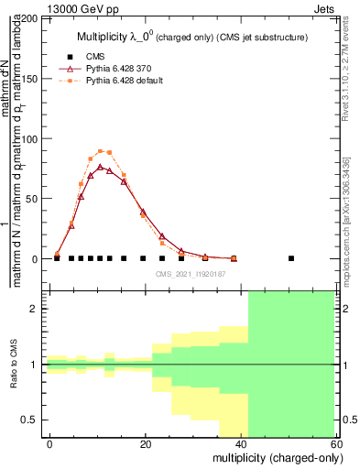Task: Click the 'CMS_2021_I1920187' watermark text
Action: click(x=191, y=274)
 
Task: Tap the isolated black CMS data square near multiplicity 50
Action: click(x=291, y=258)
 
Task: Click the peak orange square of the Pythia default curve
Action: click(x=100, y=151)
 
